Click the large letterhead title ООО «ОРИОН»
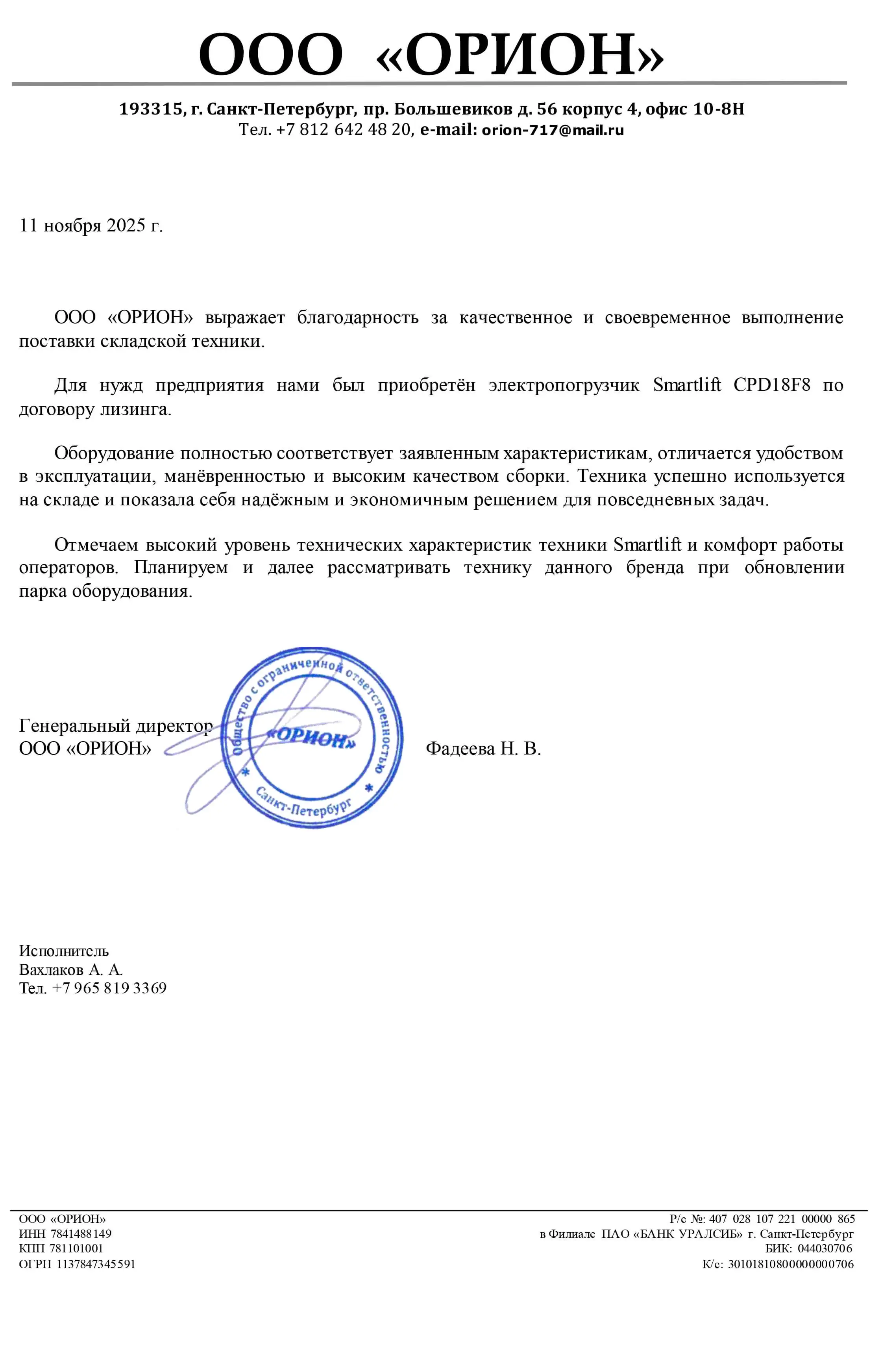tap(431, 54)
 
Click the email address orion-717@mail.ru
tap(553, 130)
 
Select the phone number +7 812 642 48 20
tap(344, 130)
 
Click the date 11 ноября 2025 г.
tap(91, 226)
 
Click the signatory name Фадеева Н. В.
tap(483, 749)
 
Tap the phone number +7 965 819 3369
tap(109, 988)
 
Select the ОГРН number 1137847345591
tap(96, 1265)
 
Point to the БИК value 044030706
tap(824, 1248)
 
